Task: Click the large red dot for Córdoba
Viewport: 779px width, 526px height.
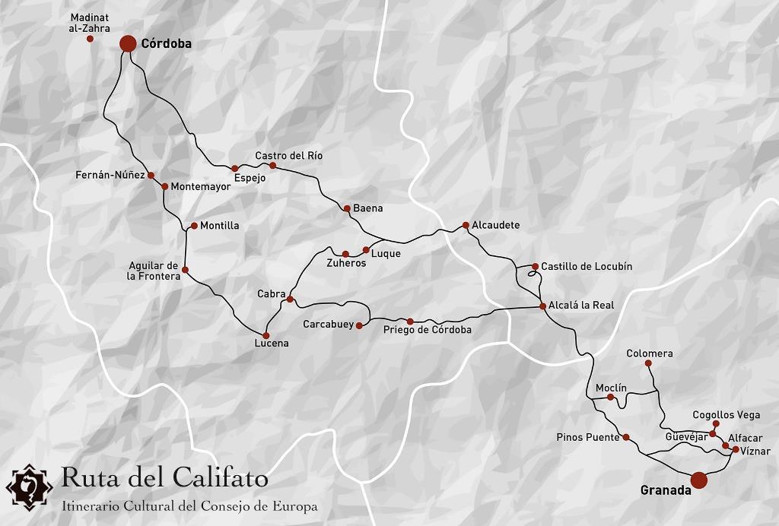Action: [128, 43]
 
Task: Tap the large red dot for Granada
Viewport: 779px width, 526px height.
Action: [699, 480]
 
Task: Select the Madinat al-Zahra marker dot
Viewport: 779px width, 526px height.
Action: [90, 39]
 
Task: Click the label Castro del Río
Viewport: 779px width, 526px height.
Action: [288, 155]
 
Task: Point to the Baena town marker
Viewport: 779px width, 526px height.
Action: [347, 208]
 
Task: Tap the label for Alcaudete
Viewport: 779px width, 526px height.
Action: [495, 226]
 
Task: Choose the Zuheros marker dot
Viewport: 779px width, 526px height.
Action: [345, 254]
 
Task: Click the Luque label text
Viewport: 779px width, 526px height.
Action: [385, 254]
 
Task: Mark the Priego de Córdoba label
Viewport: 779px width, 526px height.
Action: [427, 330]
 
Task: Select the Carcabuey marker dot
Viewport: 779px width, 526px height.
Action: [359, 326]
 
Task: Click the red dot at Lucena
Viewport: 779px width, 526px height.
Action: [265, 335]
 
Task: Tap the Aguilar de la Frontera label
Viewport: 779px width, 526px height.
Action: [153, 271]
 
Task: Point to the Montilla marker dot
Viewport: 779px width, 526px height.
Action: [194, 226]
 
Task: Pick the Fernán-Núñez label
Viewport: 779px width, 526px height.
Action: [110, 175]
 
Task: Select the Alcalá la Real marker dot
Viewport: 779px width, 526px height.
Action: [542, 306]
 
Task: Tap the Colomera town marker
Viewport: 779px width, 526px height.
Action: [648, 363]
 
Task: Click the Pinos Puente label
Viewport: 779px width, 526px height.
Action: [588, 437]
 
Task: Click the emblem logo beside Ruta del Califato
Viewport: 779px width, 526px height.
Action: [29, 485]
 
